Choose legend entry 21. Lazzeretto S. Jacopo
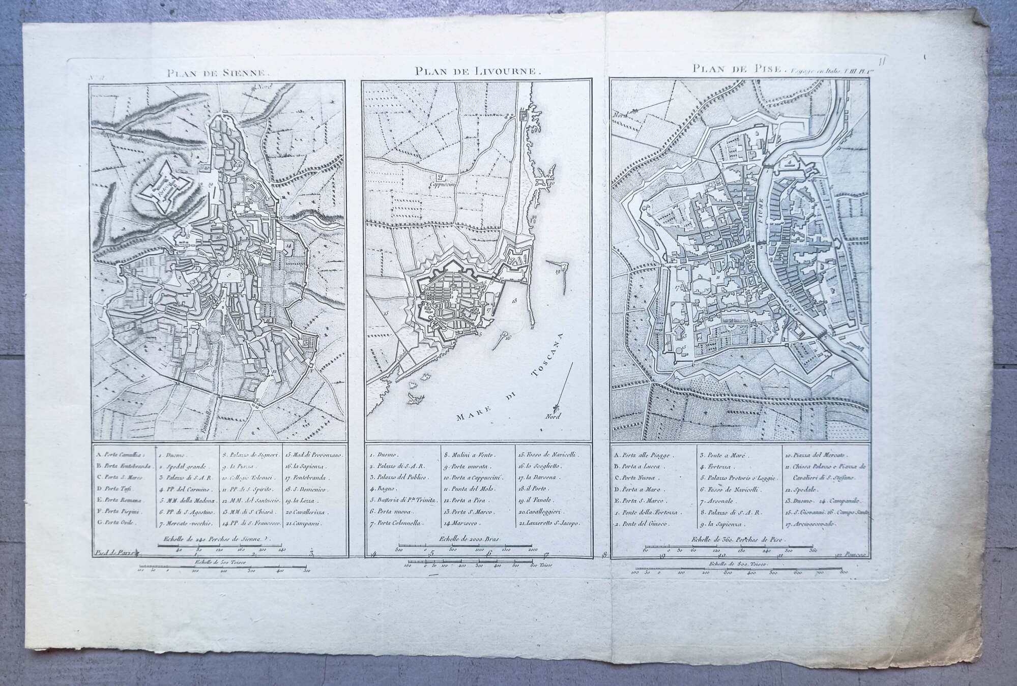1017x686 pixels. coord(549,523)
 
